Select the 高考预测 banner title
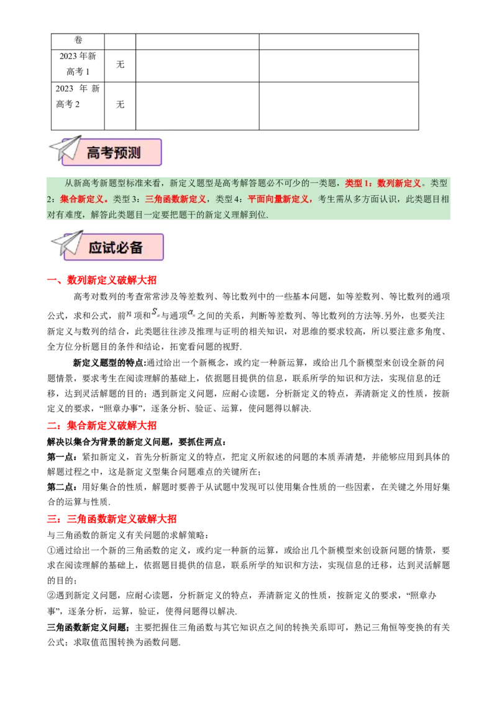[x=114, y=153]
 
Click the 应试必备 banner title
[x=116, y=247]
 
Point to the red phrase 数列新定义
[x=399, y=183]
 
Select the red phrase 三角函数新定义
[x=175, y=200]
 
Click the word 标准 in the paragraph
[x=134, y=183]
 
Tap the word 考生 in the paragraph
[x=326, y=200]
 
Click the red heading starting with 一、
[x=101, y=282]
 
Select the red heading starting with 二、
[x=101, y=426]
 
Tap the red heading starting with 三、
[x=111, y=520]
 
